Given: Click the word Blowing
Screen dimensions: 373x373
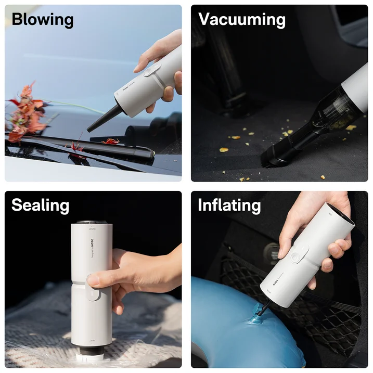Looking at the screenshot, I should pyautogui.click(x=43, y=20).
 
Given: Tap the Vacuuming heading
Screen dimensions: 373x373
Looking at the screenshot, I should pyautogui.click(x=242, y=20).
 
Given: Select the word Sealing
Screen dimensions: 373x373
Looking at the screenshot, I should pyautogui.click(x=41, y=205).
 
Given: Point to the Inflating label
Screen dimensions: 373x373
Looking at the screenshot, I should pyautogui.click(x=229, y=205).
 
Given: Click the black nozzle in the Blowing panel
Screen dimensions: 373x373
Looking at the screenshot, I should pyautogui.click(x=101, y=119).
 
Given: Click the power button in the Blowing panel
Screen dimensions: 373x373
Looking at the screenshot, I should pyautogui.click(x=151, y=72).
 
